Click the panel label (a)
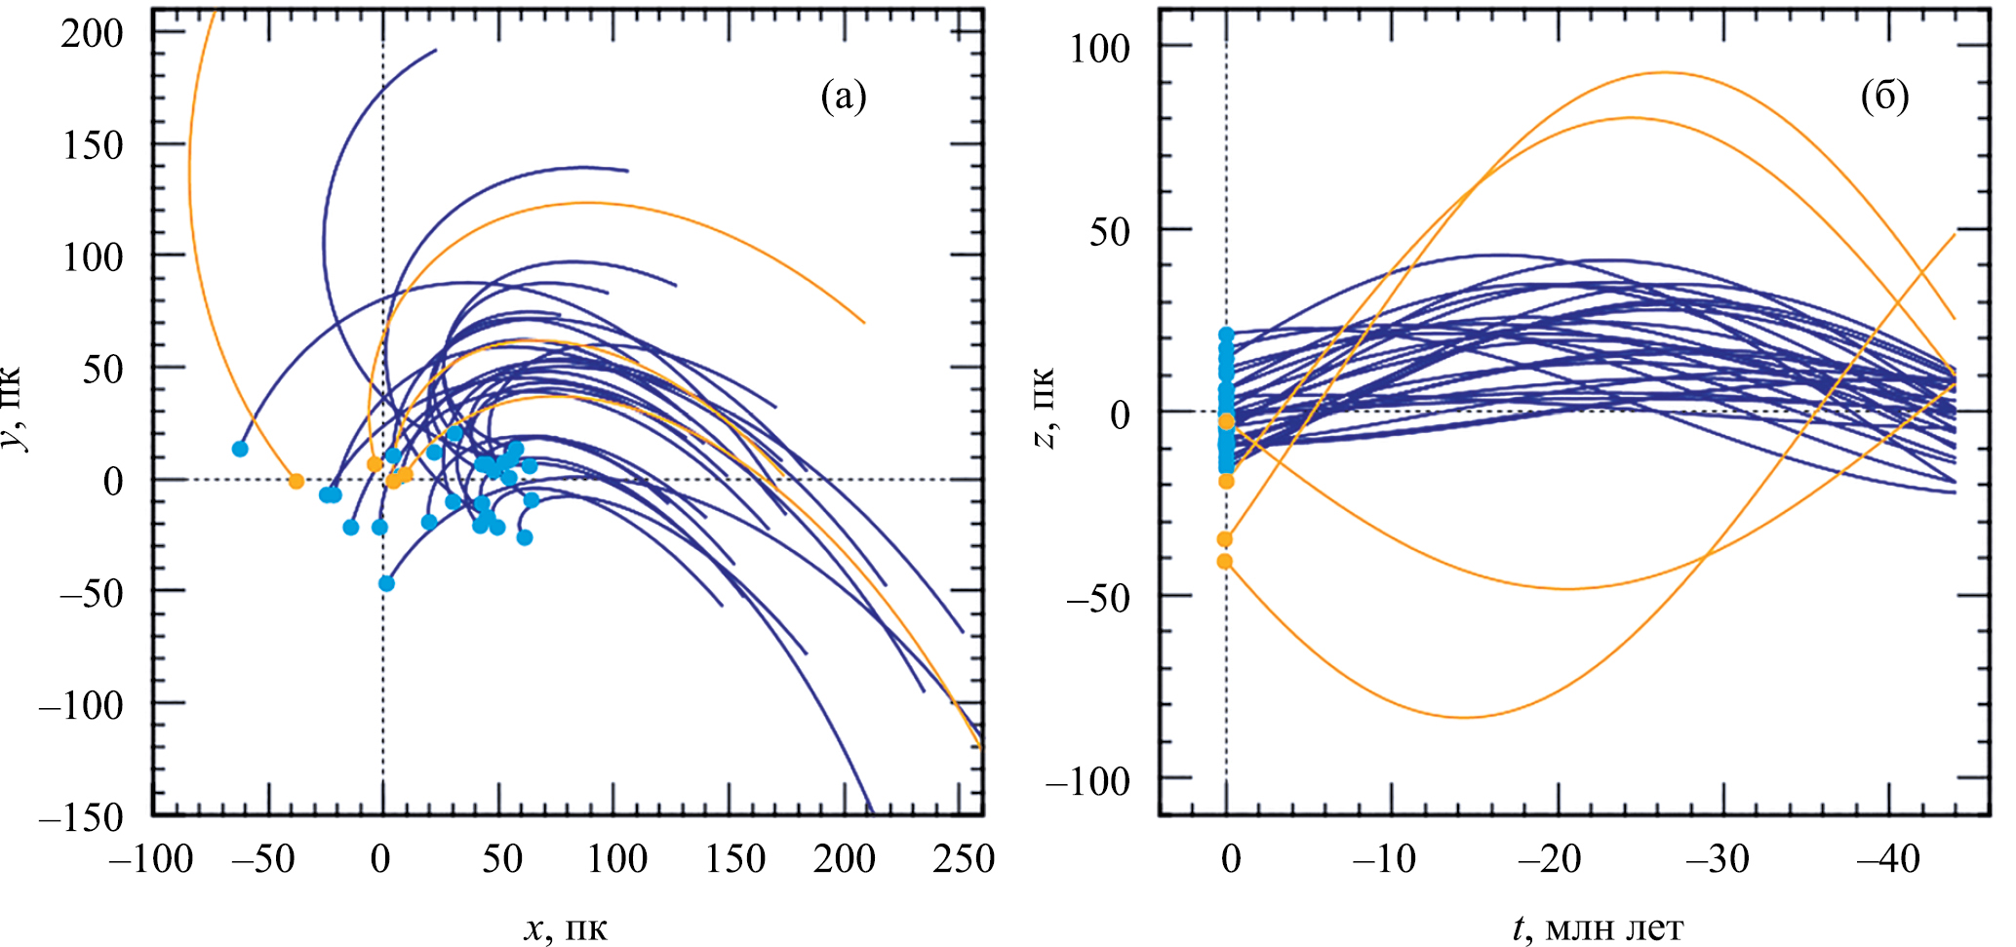pyautogui.click(x=844, y=97)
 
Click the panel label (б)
pyautogui.click(x=1884, y=97)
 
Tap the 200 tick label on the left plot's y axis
pyautogui.click(x=93, y=33)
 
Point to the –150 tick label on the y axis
pyautogui.click(x=82, y=816)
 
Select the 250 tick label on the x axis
pyautogui.click(x=964, y=859)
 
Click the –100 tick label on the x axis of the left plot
pyautogui.click(x=150, y=859)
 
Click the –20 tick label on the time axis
pyautogui.click(x=1550, y=859)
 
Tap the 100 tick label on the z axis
pyautogui.click(x=1100, y=48)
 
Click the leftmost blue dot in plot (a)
pyautogui.click(x=240, y=449)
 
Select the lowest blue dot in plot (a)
pyautogui.click(x=386, y=583)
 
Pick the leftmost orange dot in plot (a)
pyautogui.click(x=296, y=481)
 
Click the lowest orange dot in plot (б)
pyautogui.click(x=1225, y=561)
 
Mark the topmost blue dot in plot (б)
pyautogui.click(x=1226, y=335)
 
